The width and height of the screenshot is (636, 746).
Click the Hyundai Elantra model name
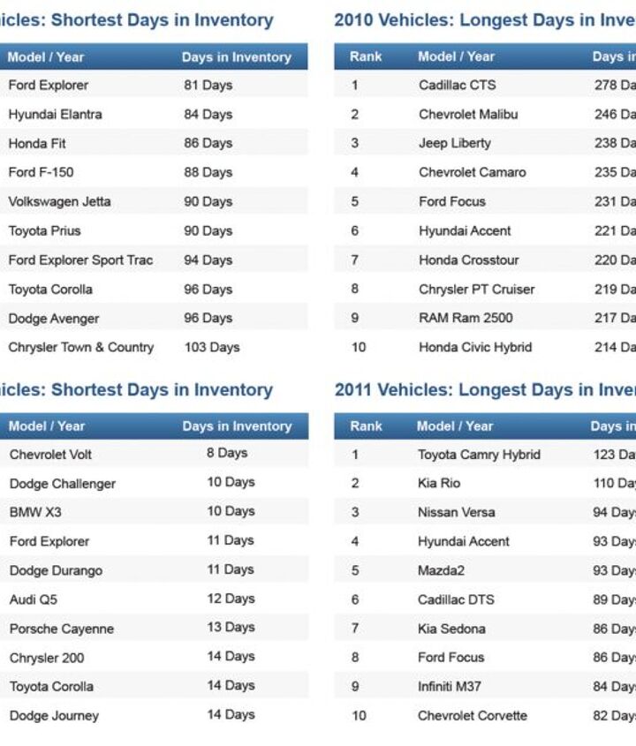tap(55, 115)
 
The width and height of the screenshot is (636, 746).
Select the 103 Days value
tap(212, 348)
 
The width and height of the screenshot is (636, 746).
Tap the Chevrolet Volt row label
tap(50, 455)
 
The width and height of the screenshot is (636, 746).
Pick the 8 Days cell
tap(227, 454)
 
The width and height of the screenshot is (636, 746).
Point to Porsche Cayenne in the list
tap(62, 629)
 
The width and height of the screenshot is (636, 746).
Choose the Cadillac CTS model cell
tap(457, 86)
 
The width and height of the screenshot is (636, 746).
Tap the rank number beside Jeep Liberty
tap(354, 143)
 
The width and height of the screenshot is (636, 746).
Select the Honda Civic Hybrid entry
tap(475, 348)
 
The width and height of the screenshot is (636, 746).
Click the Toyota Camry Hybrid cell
tap(479, 455)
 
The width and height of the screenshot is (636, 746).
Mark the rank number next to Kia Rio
tap(355, 484)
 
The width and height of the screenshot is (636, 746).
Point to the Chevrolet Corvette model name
tap(472, 716)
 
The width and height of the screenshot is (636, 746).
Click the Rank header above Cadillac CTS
tap(366, 57)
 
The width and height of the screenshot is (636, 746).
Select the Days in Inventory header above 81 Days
tap(236, 57)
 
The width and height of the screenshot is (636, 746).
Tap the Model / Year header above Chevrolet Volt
tap(47, 426)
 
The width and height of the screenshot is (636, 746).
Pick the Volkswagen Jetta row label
tap(59, 202)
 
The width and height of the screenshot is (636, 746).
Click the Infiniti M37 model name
tap(449, 687)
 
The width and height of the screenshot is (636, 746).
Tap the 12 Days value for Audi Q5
tap(231, 599)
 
